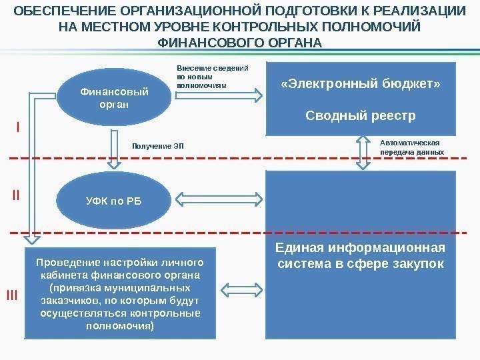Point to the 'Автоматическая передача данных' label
pos(411,147)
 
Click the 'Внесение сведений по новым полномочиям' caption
pos(211,77)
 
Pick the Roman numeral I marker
pos(18,126)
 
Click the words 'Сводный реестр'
pos(360,116)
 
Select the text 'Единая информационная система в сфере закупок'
pos(360,257)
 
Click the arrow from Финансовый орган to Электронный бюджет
pos(219,98)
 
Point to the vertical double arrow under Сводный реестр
pos(362,152)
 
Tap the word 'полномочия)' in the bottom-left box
pos(120,327)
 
